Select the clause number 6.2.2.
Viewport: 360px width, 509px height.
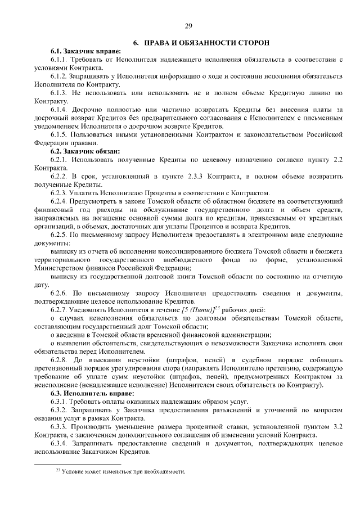59,176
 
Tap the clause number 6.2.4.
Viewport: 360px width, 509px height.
59,201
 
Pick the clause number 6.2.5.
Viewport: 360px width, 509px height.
59,234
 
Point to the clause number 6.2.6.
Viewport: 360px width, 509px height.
59,293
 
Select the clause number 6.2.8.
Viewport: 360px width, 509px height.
59,361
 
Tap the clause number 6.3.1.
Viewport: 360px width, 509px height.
59,402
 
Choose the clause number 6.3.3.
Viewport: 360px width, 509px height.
59,427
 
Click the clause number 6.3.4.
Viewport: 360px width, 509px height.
59,444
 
